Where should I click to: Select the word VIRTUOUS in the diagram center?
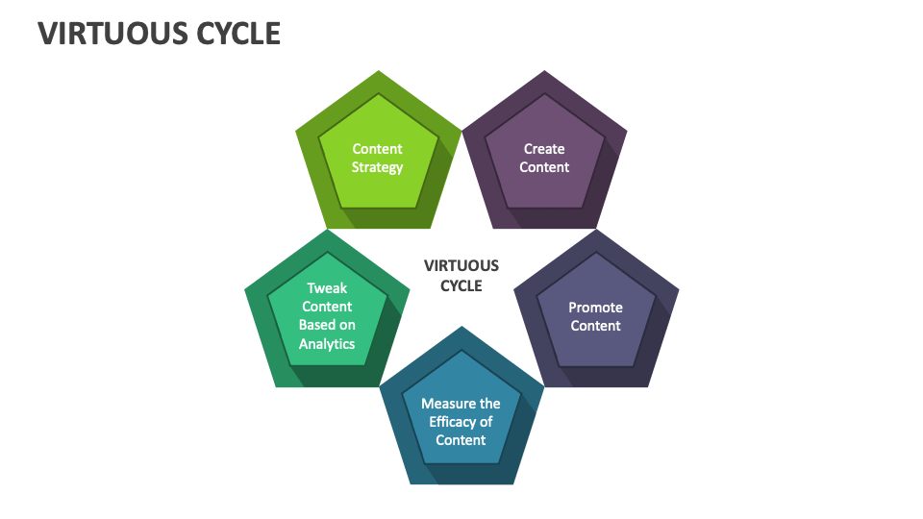click(x=461, y=266)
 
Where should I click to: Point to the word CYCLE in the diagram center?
click(x=461, y=285)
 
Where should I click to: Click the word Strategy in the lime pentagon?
click(x=377, y=167)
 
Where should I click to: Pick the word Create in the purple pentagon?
click(x=544, y=149)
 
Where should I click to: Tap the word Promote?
click(x=595, y=308)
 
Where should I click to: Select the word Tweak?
click(x=327, y=288)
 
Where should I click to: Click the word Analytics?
click(x=327, y=344)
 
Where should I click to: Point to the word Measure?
click(x=461, y=404)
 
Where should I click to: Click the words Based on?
click(x=327, y=325)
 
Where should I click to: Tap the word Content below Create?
click(x=544, y=167)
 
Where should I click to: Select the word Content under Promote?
click(x=595, y=326)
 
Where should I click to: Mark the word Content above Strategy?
click(x=377, y=149)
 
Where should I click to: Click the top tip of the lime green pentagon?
click(x=378, y=71)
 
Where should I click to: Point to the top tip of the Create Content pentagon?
click(x=545, y=71)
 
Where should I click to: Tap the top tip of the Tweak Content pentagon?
click(x=328, y=230)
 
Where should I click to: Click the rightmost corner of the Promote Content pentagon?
click(x=679, y=289)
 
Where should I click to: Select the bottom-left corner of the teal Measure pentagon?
click(x=411, y=483)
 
